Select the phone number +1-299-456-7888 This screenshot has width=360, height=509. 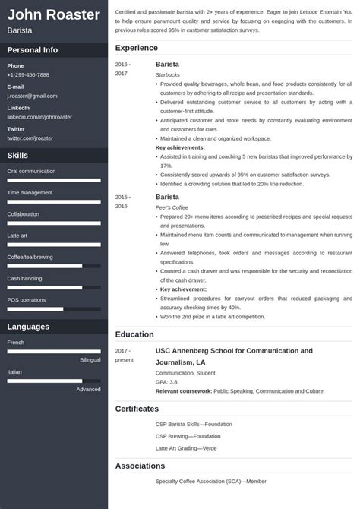tap(28, 75)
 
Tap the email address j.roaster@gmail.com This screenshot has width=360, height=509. tap(32, 96)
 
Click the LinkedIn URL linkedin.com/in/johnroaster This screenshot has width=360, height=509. tap(39, 118)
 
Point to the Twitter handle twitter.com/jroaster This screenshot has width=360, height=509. tap(30, 138)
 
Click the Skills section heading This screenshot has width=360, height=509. tap(18, 155)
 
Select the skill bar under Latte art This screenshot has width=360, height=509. tap(54, 245)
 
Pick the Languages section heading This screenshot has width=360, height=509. tap(28, 327)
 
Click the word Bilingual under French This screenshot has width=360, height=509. tap(90, 359)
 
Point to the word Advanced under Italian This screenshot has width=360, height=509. tap(88, 389)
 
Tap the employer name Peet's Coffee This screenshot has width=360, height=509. tap(172, 207)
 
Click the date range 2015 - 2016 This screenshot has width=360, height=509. tap(122, 201)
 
